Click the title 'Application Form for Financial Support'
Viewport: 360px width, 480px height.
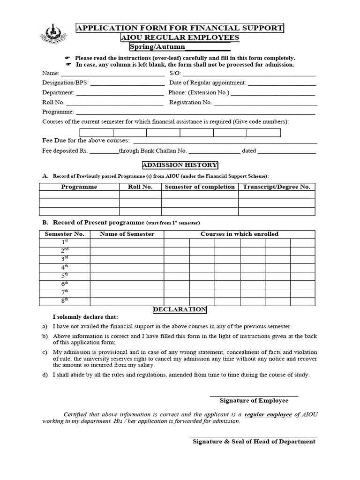(180, 28)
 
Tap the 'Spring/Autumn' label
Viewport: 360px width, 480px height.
(157, 47)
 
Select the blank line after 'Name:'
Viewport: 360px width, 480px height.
(112, 74)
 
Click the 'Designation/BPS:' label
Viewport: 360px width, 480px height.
(65, 82)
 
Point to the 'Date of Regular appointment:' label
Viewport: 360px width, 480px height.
(207, 82)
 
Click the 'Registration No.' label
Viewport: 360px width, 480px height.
(190, 102)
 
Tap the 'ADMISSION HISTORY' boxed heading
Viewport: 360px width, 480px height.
(180, 165)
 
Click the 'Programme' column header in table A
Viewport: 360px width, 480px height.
(79, 187)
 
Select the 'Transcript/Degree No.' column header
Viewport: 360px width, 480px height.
(276, 187)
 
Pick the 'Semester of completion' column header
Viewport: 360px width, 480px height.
(199, 187)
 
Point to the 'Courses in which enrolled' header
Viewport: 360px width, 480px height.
(239, 234)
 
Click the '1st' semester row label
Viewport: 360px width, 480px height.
(65, 242)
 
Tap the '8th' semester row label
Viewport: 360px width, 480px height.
(65, 300)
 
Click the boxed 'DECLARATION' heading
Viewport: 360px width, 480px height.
(180, 310)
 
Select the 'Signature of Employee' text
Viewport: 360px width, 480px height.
(254, 401)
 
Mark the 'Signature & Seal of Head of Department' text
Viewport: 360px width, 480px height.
(254, 442)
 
